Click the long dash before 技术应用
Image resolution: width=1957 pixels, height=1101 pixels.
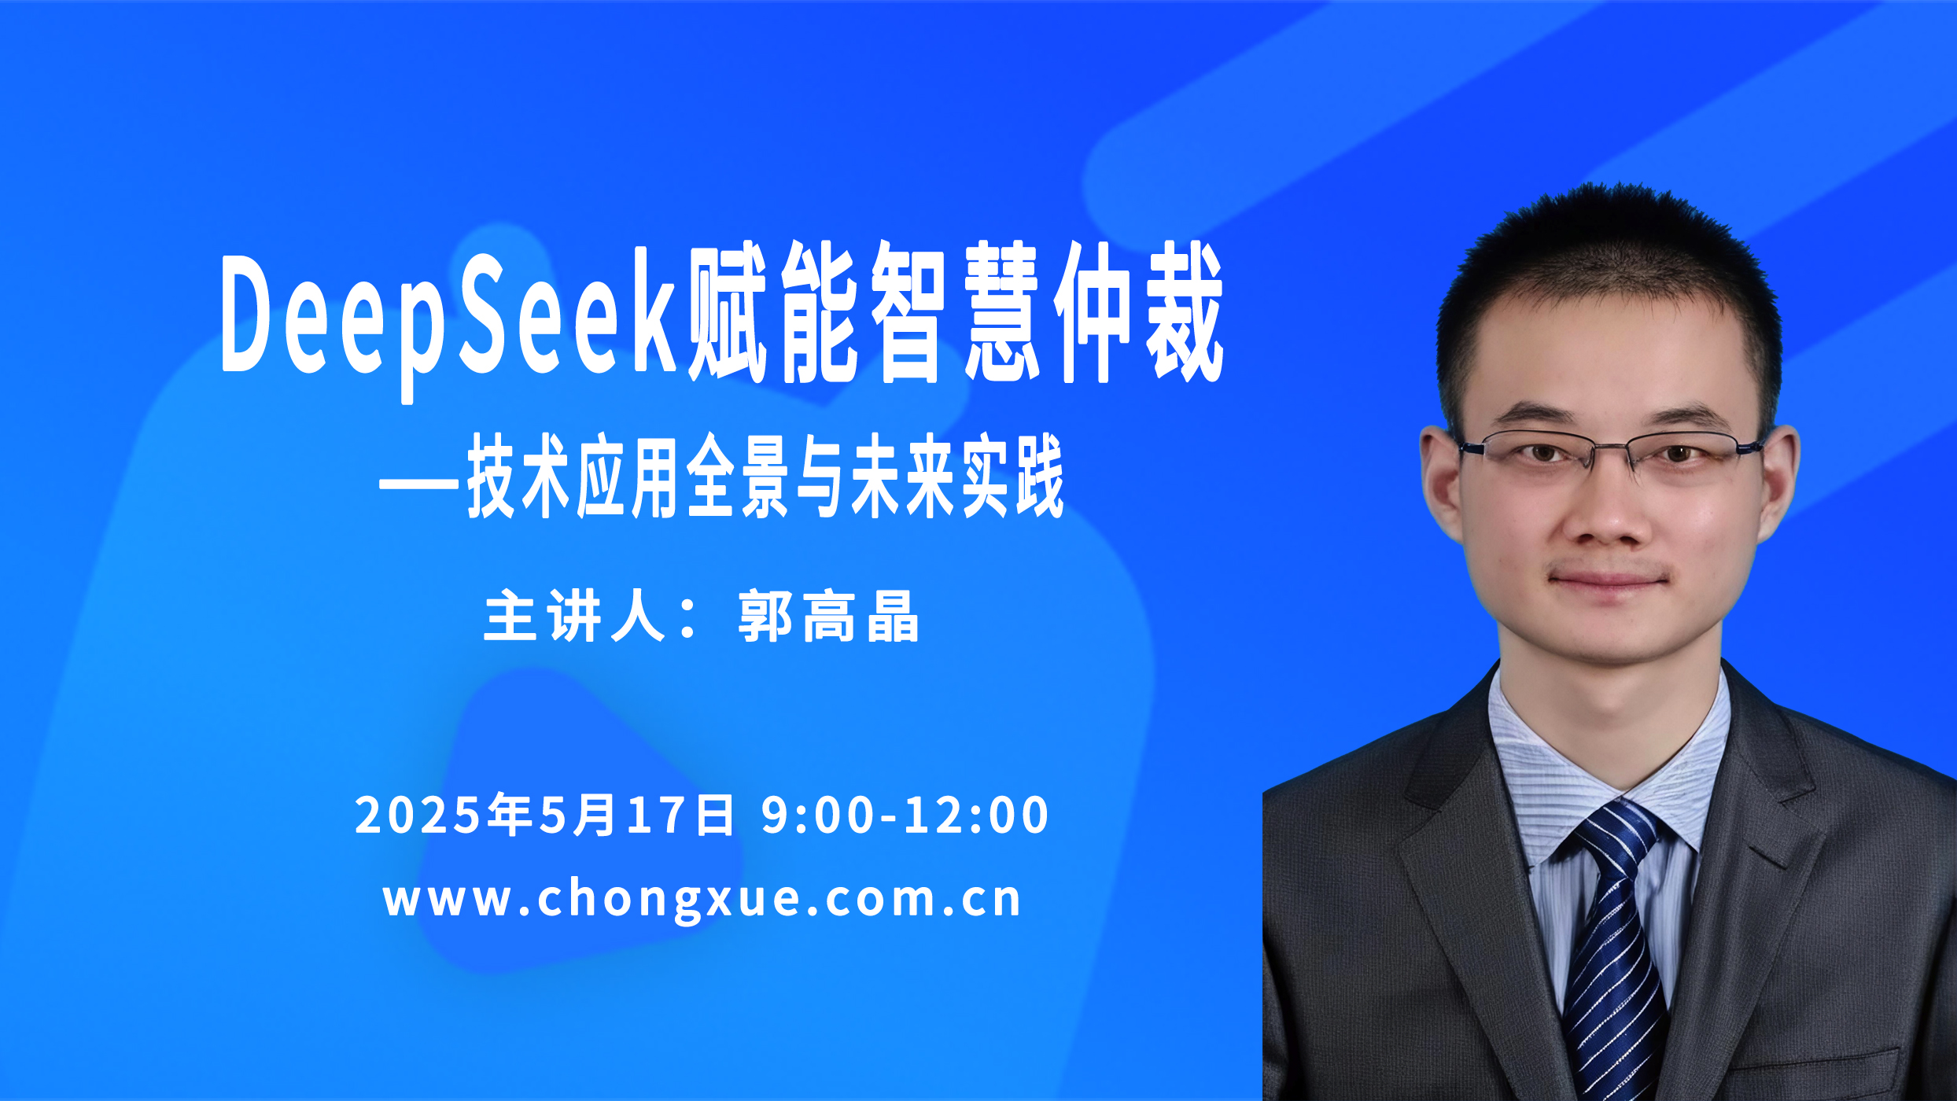pos(418,482)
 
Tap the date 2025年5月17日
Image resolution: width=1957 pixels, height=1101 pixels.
pos(544,815)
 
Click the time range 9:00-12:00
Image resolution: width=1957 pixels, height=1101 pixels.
pos(905,815)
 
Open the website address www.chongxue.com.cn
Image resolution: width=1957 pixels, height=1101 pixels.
pos(702,899)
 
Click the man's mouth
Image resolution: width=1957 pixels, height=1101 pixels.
pos(1608,580)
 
